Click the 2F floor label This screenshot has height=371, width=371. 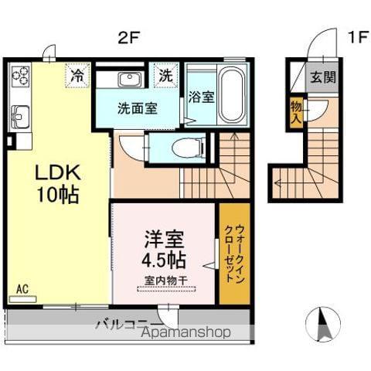[x=128, y=36]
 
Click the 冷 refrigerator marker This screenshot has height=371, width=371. [x=77, y=75]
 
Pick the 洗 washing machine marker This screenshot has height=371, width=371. [x=165, y=75]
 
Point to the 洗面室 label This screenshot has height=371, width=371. [x=138, y=108]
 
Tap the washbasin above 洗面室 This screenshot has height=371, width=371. [x=128, y=79]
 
